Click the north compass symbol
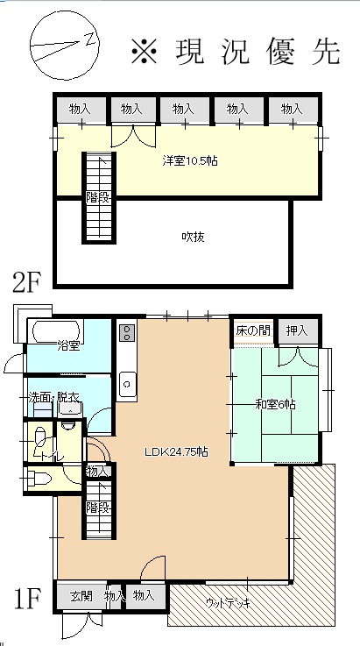(x=65, y=46)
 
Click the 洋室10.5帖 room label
(x=190, y=160)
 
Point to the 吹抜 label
(x=194, y=237)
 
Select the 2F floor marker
(x=26, y=283)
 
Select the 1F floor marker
(x=28, y=600)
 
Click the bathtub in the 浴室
(x=55, y=330)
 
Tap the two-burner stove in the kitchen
(x=127, y=332)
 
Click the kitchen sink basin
(x=127, y=384)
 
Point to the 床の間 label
(x=253, y=330)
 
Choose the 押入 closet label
(x=297, y=330)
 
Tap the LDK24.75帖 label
(x=175, y=452)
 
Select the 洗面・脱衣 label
(x=53, y=398)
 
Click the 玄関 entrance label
(x=81, y=596)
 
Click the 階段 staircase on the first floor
(x=99, y=508)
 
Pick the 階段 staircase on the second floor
(x=99, y=198)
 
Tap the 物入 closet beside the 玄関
(x=114, y=596)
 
